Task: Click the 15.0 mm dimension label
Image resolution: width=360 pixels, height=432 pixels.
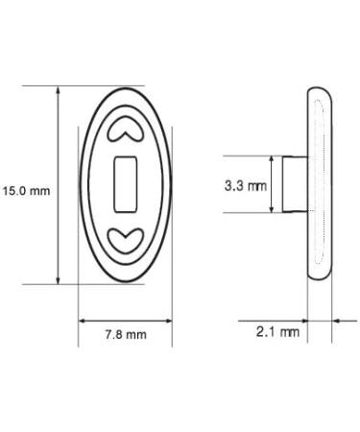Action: [26, 191]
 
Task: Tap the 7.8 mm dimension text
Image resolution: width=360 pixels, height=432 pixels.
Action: [126, 335]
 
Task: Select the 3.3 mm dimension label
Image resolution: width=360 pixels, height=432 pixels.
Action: [246, 185]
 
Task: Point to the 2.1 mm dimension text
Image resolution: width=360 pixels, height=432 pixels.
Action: [277, 332]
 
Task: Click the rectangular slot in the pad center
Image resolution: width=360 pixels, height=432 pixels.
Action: [126, 184]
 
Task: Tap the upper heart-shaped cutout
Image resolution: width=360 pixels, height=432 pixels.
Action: [126, 129]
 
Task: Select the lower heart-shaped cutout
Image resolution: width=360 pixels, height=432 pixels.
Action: [126, 241]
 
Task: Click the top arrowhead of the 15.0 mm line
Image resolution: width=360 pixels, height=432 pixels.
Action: [58, 89]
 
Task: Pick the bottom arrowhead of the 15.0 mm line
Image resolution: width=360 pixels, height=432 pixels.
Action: [58, 280]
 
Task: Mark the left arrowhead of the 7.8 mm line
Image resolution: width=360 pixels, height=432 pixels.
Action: [83, 321]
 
